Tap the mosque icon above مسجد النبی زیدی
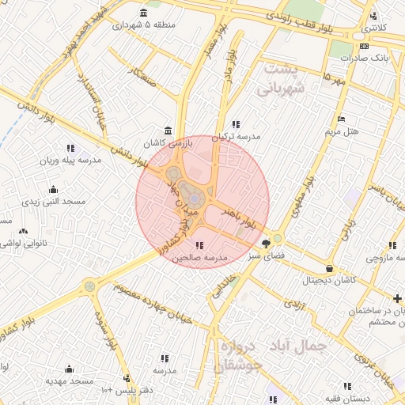click(52, 190)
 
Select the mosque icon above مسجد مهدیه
click(69, 369)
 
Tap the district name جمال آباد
click(299, 346)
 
